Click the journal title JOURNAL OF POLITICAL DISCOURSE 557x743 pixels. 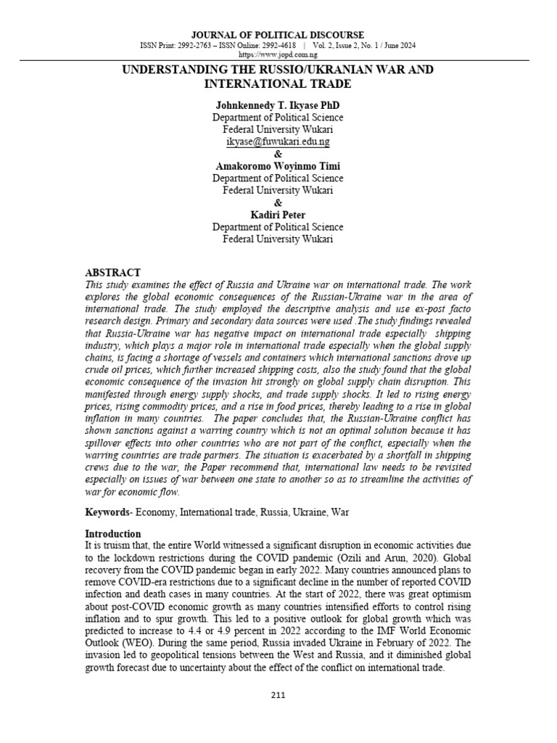278,35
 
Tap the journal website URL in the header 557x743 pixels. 278,54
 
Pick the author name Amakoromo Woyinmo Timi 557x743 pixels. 278,165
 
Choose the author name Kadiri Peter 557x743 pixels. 278,215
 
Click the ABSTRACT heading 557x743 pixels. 112,273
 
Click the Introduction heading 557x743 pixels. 112,534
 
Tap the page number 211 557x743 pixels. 278,695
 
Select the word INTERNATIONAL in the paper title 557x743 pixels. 247,83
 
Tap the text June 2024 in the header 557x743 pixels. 399,45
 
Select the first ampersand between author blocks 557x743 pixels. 278,154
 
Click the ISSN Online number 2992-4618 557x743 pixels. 286,45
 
